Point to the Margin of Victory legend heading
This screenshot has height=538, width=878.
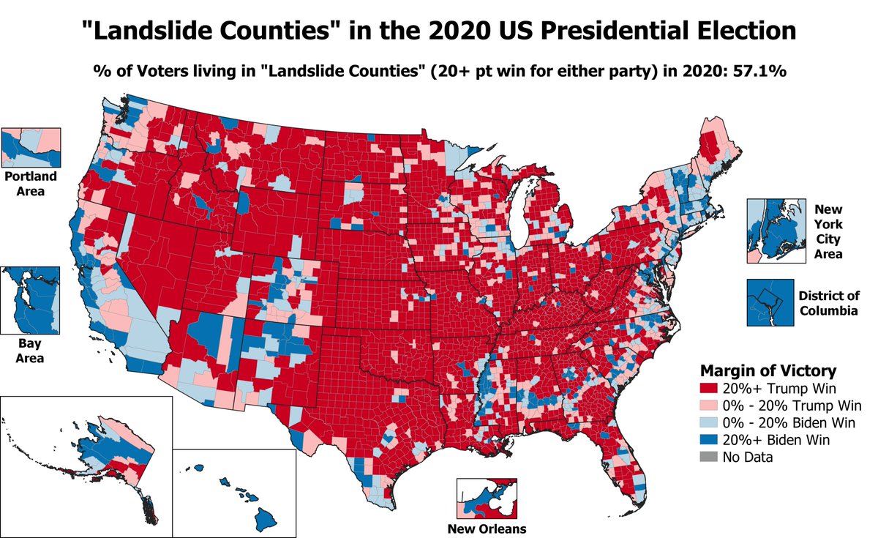click(x=768, y=370)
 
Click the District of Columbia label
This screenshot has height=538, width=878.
click(x=829, y=303)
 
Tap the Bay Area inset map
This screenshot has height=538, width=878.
click(x=30, y=299)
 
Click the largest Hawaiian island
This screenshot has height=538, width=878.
click(x=265, y=520)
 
